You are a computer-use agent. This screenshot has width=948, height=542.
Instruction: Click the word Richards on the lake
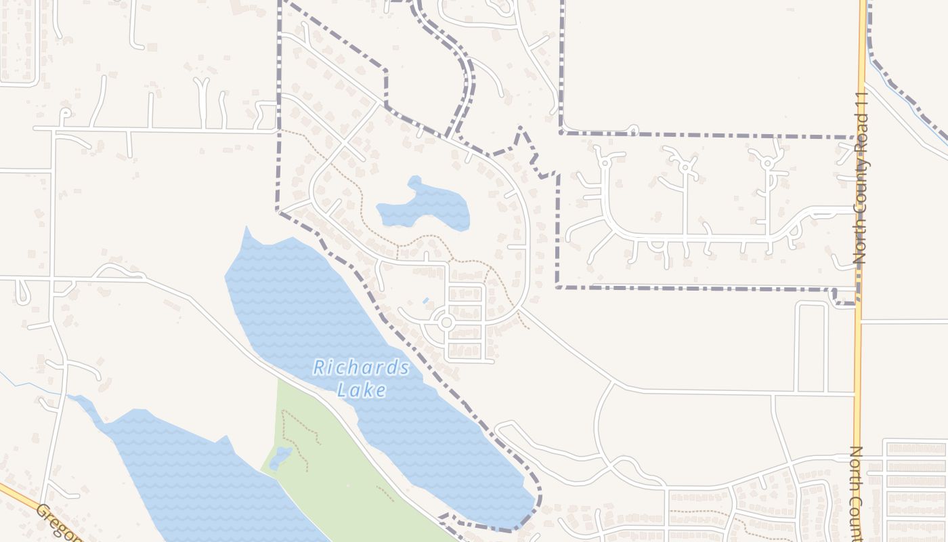click(361, 368)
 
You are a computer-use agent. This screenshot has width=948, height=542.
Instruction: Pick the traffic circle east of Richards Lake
click(446, 322)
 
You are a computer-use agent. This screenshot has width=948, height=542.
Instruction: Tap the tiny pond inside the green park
click(280, 459)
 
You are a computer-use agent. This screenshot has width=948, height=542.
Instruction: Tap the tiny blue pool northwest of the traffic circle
click(425, 300)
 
